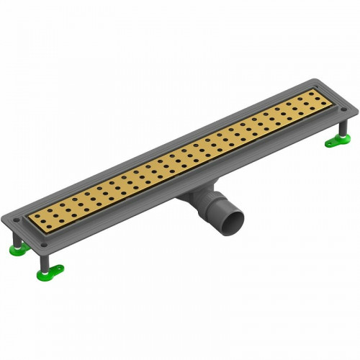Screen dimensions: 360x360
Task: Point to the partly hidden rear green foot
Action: [x=15, y=250]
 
